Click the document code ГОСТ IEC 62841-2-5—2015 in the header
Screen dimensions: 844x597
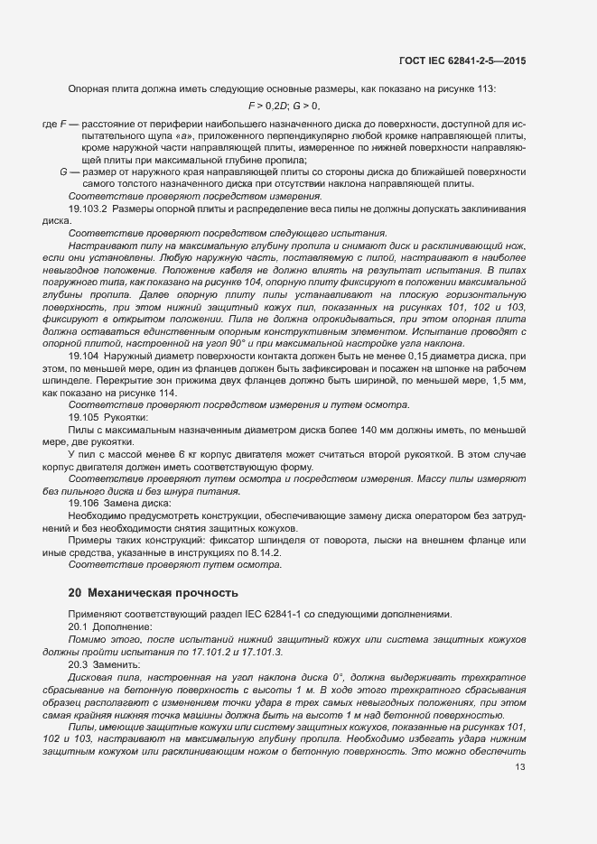[463, 60]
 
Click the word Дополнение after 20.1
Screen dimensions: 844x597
[122, 626]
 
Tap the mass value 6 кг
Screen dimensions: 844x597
[183, 454]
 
